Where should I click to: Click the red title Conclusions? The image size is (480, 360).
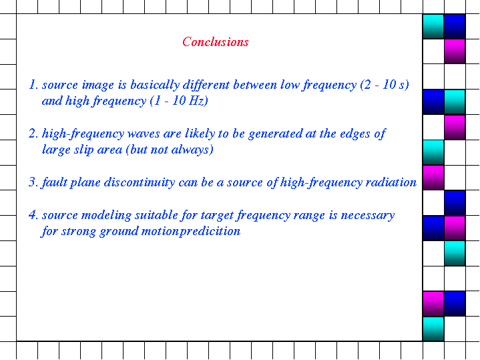coord(215,42)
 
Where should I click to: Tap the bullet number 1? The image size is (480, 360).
coord(33,85)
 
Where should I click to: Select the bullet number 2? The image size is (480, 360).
coord(33,134)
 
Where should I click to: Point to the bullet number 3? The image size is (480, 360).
coord(33,182)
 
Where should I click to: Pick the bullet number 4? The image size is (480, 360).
coord(33,215)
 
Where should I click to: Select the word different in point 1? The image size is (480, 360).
coord(206,85)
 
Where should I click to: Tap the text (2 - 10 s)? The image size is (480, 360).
coord(385,85)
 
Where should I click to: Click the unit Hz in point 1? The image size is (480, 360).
coord(196,101)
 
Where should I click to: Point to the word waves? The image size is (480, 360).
coord(144,134)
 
